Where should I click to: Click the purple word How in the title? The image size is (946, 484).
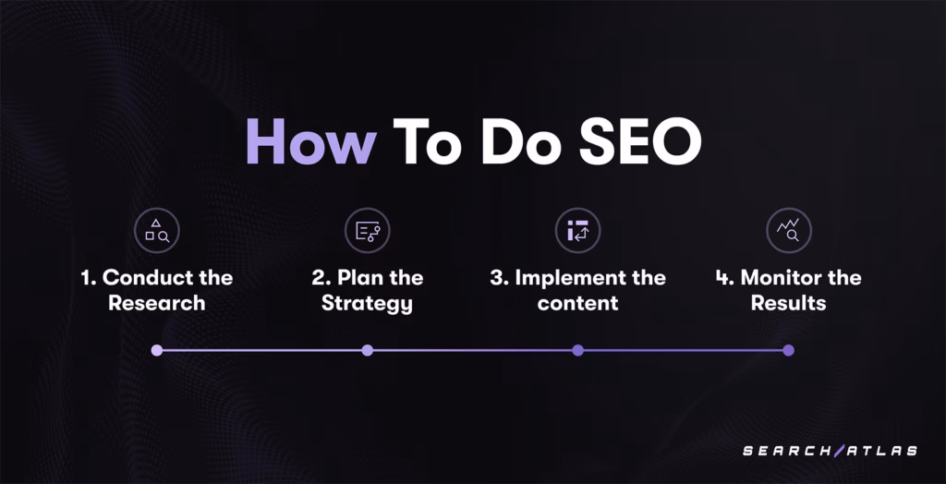click(x=309, y=143)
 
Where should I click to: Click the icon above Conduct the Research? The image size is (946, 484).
click(x=156, y=231)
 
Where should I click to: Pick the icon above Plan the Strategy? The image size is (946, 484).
click(x=367, y=231)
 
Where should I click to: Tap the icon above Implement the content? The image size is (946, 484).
click(x=577, y=231)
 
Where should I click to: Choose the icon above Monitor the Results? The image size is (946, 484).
click(x=788, y=231)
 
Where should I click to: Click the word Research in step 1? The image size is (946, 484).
click(x=156, y=303)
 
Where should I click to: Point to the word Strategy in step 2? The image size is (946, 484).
click(x=367, y=304)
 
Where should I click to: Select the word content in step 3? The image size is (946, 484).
click(x=577, y=303)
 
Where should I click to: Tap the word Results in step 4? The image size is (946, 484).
click(x=788, y=303)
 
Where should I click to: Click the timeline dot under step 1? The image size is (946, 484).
click(x=156, y=350)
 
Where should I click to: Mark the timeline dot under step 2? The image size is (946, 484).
click(x=367, y=350)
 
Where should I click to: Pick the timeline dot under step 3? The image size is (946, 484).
click(x=577, y=350)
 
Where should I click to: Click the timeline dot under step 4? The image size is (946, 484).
click(x=788, y=350)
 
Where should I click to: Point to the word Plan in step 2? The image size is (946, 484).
click(x=361, y=278)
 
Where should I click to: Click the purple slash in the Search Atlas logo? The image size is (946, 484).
click(x=838, y=451)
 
